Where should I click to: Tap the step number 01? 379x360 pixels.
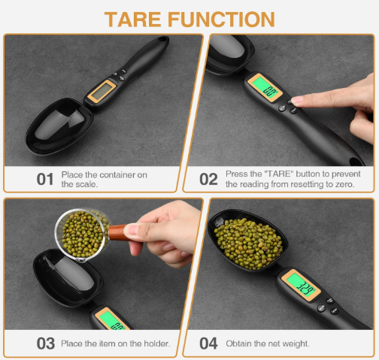(45, 179)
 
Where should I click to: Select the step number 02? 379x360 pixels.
(208, 179)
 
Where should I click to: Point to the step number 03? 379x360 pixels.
(45, 343)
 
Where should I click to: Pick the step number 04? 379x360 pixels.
(208, 343)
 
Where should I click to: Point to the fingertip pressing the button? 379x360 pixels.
(297, 99)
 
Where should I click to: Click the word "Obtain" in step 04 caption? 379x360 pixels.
(238, 343)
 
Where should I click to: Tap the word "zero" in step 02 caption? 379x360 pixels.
(349, 184)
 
